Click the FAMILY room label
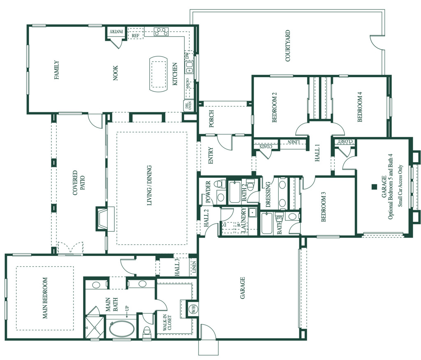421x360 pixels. pos(56,70)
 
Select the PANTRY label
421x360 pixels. pos(113,31)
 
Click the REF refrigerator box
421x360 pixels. pos(135,36)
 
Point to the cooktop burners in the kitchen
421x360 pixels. pos(162,31)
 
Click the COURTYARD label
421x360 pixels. pos(288,46)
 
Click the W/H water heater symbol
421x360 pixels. pos(192,308)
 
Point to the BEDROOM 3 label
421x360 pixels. pos(324,207)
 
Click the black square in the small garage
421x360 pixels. pos(374,186)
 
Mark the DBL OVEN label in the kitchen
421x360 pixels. pos(188,105)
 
